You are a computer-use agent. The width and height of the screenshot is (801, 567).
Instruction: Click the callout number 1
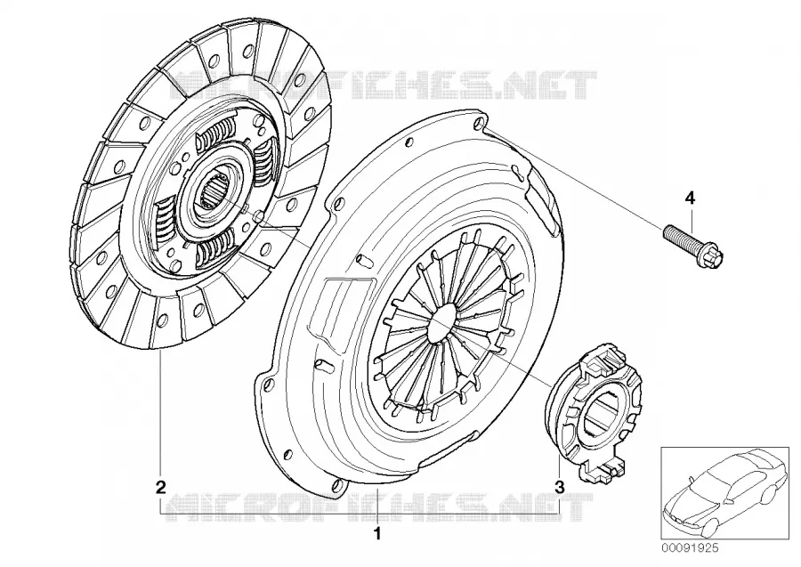coord(377,534)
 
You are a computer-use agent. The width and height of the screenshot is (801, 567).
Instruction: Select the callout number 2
coord(160,487)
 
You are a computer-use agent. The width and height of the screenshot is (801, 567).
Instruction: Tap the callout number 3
coord(560,487)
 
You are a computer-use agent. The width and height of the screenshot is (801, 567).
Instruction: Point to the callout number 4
coord(690,198)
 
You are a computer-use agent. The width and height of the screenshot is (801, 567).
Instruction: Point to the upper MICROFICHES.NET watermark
coord(381,85)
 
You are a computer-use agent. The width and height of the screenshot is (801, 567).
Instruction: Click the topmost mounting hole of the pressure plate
coord(480,123)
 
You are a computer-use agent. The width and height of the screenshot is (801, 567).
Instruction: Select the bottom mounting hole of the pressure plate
coord(337,485)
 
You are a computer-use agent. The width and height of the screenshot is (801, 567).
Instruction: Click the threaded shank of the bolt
coord(684,240)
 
